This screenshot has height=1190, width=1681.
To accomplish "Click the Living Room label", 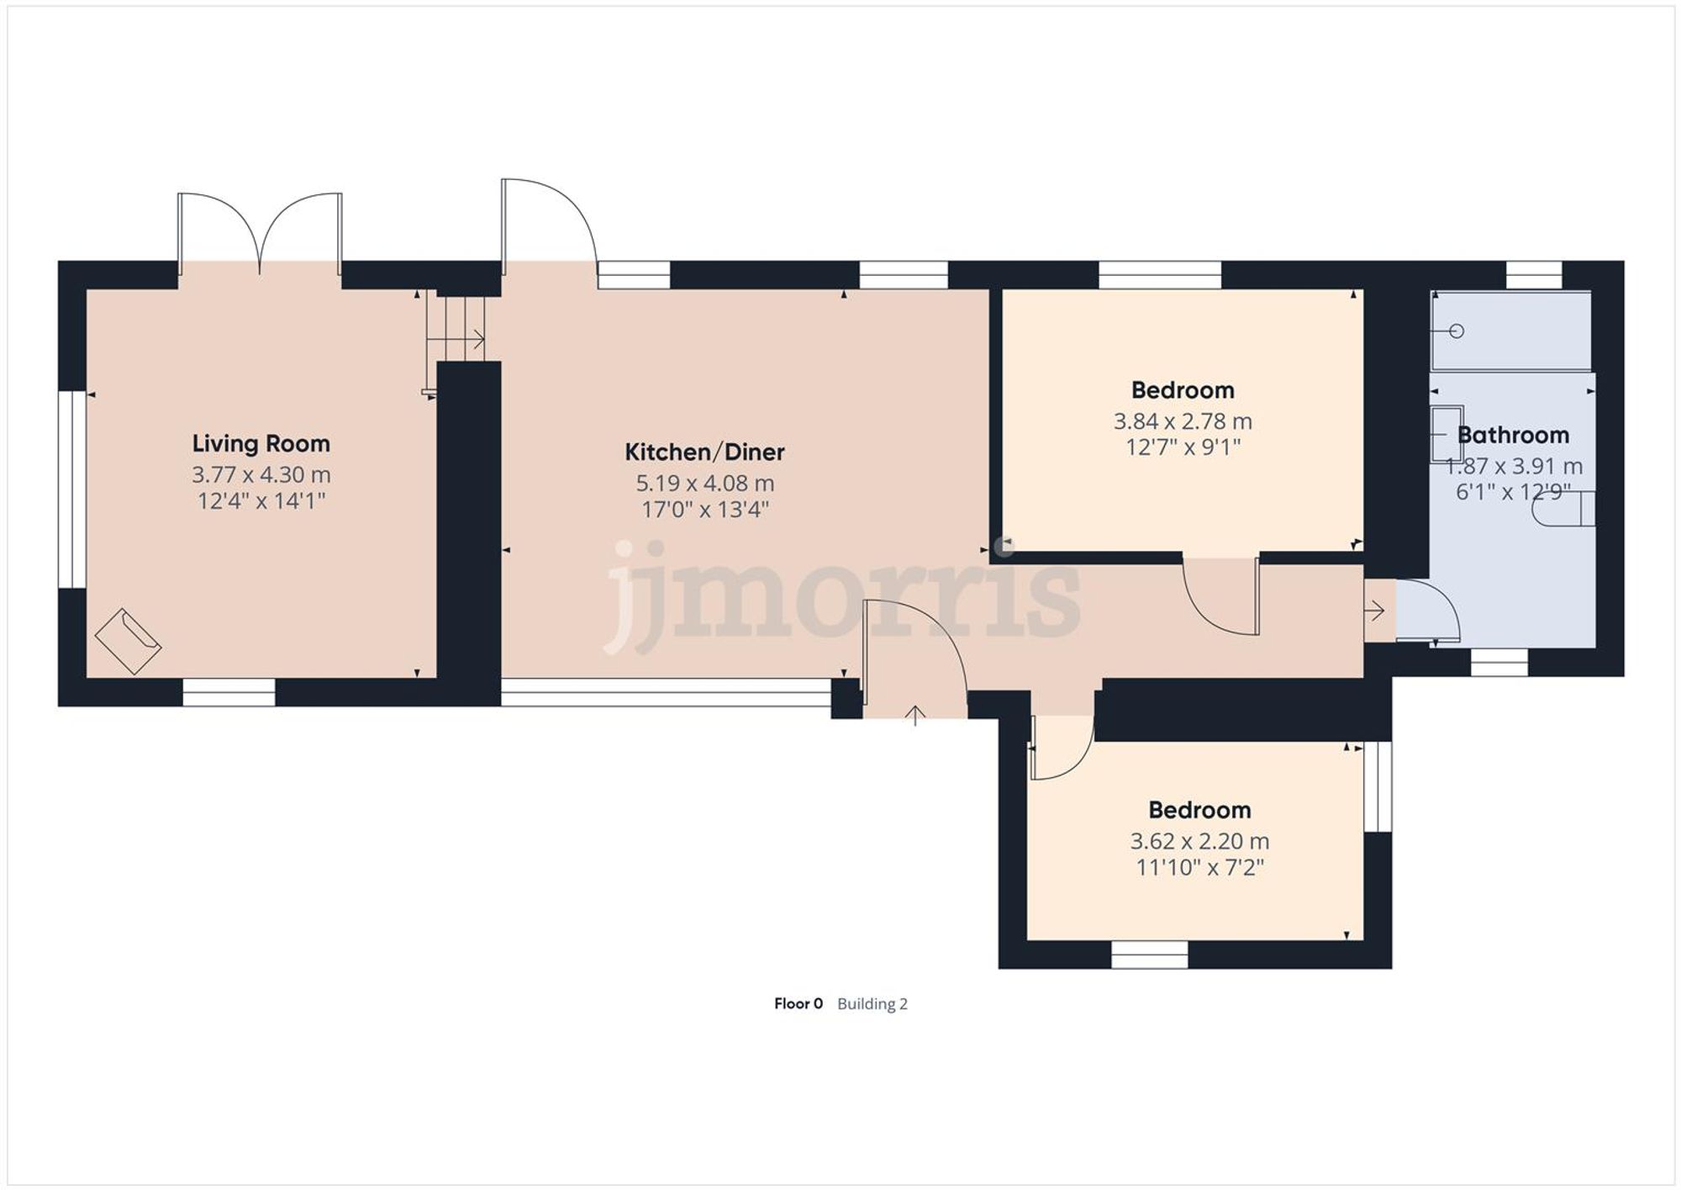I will tap(261, 443).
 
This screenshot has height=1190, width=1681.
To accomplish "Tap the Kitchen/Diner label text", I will tap(704, 452).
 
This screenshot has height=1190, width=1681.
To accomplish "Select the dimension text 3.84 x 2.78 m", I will tap(1182, 420).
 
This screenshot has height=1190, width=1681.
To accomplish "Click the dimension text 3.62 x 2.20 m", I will tap(1199, 841).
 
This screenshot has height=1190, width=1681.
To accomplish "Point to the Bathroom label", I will tap(1513, 435).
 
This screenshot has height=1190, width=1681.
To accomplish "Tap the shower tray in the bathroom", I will tap(1511, 331).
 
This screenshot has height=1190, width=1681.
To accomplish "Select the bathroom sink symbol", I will tap(1447, 433).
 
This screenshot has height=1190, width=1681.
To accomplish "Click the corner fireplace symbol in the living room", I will tap(128, 641).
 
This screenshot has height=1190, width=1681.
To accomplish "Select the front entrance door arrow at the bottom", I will tap(914, 715).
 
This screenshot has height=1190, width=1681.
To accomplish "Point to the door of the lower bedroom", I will tap(1061, 748).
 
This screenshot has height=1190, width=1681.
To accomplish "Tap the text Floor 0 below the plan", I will tap(798, 1003).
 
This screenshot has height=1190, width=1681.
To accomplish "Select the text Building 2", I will tap(872, 1003).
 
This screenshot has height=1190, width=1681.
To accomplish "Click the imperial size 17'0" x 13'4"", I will tap(704, 510).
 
